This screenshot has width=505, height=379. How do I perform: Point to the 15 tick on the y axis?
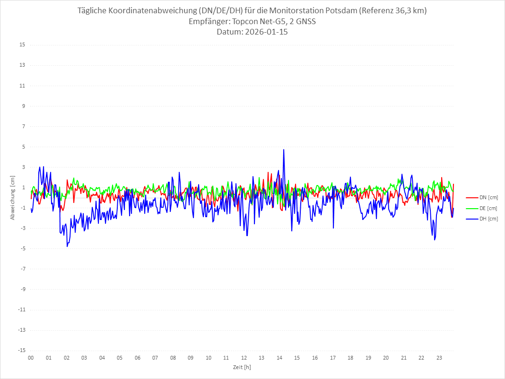(x=22, y=45)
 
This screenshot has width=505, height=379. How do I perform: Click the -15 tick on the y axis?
(x=21, y=350)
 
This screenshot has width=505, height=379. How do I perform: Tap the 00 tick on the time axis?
(x=31, y=358)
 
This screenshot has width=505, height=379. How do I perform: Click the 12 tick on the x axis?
(x=244, y=358)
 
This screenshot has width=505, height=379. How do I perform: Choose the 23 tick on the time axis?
(x=439, y=358)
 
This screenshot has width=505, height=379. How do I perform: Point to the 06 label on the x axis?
(x=137, y=358)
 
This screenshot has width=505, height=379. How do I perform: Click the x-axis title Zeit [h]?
(x=242, y=367)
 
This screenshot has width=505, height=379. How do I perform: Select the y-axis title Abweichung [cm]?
(x=13, y=197)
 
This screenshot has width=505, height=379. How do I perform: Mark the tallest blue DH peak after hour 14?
(x=284, y=150)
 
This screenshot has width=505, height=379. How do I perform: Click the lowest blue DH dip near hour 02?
(x=67, y=246)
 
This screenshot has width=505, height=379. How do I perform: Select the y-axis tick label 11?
(x=22, y=86)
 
